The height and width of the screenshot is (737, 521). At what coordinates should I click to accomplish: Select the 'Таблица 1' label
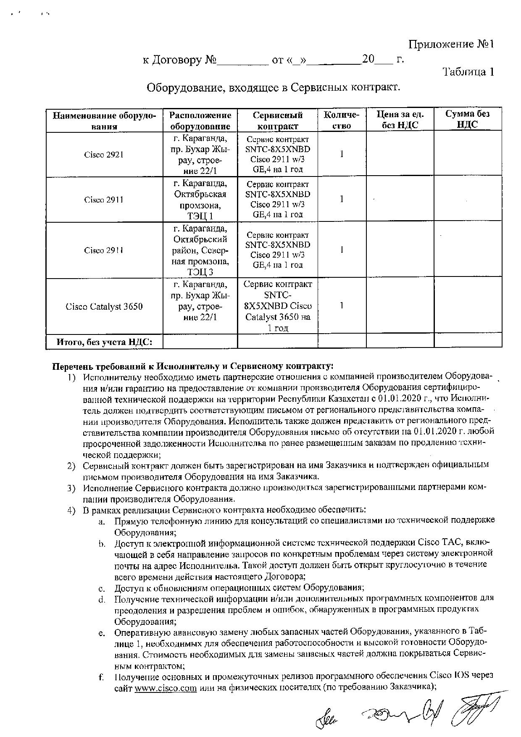(x=468, y=72)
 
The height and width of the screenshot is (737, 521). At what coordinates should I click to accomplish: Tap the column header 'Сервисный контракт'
(x=277, y=120)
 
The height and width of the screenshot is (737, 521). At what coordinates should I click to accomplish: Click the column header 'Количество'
(x=342, y=120)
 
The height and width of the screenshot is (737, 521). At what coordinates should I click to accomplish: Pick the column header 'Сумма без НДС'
(x=468, y=119)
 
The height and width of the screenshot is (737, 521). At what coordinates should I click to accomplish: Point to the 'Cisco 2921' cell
(x=104, y=155)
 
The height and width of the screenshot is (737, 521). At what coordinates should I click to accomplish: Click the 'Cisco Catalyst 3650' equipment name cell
(x=104, y=306)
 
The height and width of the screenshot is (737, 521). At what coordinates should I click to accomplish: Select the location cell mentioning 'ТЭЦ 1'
(x=200, y=200)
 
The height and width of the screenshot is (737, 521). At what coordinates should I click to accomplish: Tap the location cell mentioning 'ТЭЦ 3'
(x=200, y=250)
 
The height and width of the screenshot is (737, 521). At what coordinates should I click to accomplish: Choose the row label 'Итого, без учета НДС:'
(x=104, y=342)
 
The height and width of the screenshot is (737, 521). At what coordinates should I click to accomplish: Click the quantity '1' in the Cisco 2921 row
(x=342, y=154)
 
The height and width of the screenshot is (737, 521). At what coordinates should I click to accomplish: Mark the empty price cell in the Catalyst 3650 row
(x=400, y=306)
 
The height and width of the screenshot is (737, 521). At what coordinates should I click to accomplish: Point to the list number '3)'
(x=71, y=488)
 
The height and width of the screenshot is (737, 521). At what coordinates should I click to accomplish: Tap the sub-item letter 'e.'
(x=101, y=632)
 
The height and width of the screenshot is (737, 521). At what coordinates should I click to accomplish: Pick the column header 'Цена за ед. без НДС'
(x=400, y=119)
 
